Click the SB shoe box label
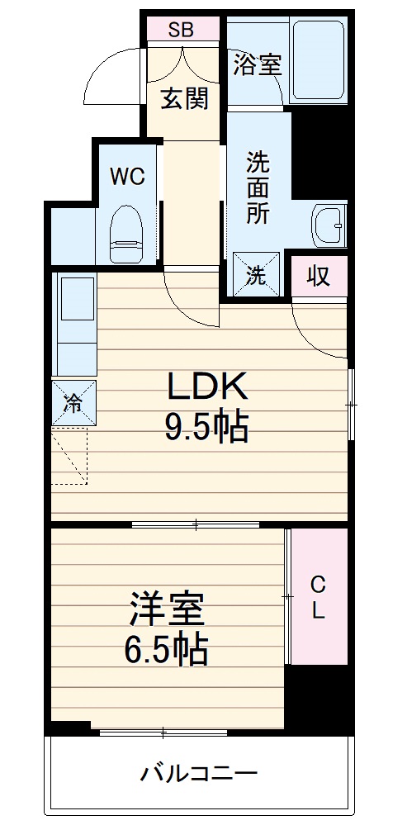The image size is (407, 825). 181,31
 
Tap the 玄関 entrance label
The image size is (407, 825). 183,99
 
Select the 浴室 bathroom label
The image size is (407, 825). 257,64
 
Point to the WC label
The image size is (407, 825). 128,176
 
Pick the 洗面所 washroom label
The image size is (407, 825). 258,187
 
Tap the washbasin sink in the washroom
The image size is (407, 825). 328,223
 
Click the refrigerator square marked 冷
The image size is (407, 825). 73,403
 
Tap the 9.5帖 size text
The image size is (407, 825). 206,427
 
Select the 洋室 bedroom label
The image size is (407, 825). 166,611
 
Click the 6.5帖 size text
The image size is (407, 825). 166,651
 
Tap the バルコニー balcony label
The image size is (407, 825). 198,775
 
